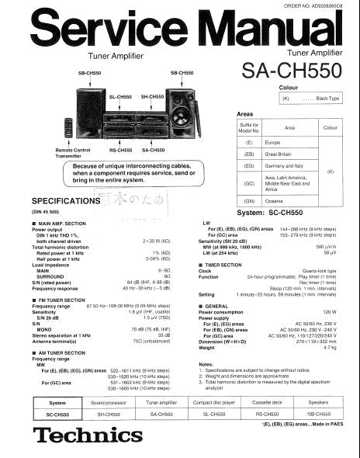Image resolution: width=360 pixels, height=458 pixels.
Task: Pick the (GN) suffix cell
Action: (249, 200)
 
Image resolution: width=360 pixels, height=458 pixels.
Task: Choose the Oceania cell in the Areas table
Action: (276, 200)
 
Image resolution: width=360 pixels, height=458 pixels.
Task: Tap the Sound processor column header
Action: (109, 403)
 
